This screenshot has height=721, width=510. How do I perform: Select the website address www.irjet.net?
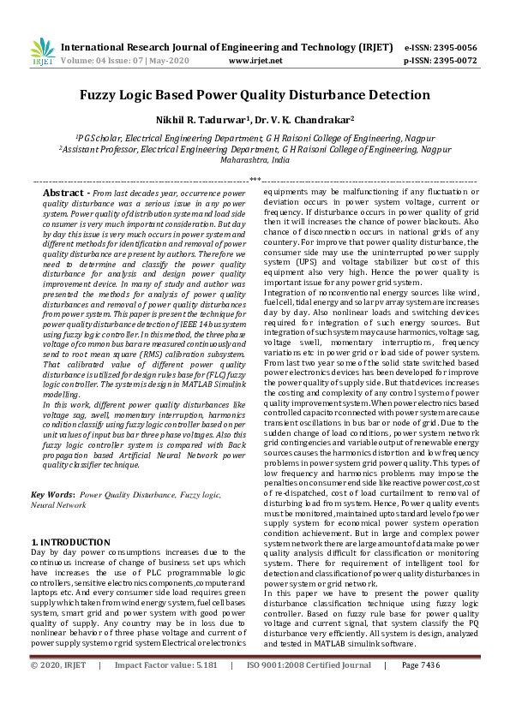(x=255, y=61)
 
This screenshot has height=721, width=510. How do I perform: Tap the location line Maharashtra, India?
(x=255, y=159)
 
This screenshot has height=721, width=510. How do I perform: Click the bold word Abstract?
(x=67, y=194)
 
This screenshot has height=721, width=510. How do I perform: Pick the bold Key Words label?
(x=51, y=495)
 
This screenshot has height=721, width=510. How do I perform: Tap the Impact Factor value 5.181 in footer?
(x=203, y=688)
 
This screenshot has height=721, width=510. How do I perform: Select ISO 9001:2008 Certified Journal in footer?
(x=309, y=688)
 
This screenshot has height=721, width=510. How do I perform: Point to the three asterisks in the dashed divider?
(x=255, y=181)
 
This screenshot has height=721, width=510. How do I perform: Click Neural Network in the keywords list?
(x=54, y=505)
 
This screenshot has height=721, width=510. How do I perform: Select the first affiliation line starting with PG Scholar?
(x=255, y=137)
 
